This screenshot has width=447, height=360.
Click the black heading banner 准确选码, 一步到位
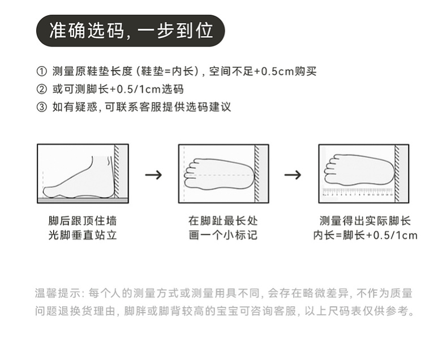131,31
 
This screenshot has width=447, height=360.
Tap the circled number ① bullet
41,71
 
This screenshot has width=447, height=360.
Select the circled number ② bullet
41,89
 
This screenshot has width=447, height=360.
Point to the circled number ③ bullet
41,107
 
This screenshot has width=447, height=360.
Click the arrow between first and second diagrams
153,174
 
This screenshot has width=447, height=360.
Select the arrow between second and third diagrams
293,174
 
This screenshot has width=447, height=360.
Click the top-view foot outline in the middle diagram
218,168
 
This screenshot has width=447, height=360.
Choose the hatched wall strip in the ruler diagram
397,173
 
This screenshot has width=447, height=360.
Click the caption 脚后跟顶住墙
83,221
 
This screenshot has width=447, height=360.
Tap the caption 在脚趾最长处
223,221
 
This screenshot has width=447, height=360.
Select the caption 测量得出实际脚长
365,221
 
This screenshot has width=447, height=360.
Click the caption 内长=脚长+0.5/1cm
365,235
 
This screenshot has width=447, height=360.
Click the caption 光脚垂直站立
83,235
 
